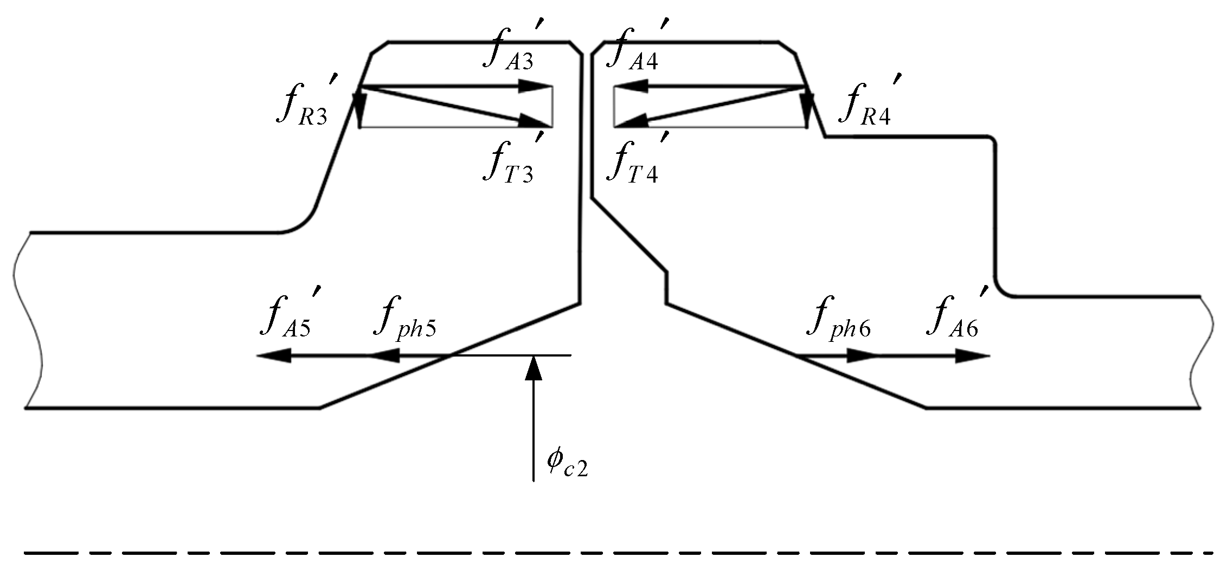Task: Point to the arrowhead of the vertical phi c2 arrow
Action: (534, 367)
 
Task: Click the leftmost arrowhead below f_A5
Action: (273, 356)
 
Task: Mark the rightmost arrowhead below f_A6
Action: (973, 356)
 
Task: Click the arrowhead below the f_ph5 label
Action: (385, 356)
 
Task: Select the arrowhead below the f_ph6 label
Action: (862, 356)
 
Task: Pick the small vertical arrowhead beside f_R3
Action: (359, 103)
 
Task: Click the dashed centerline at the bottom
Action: (613, 553)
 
